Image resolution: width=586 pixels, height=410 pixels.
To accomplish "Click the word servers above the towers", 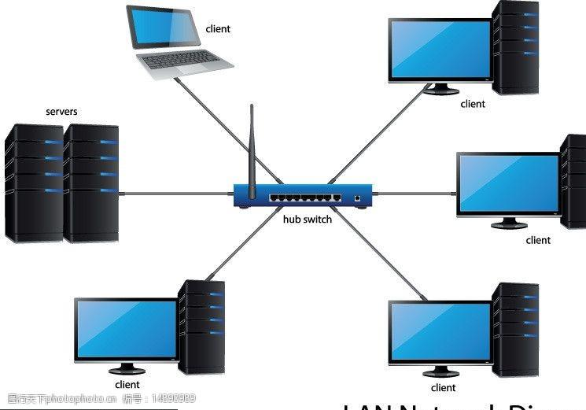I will pyautogui.click(x=61, y=112).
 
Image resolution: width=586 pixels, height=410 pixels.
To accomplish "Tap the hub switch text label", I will pyautogui.click(x=308, y=220).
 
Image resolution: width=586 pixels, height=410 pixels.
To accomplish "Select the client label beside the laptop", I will pyautogui.click(x=218, y=29).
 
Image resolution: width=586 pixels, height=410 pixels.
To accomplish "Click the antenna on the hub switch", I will pyautogui.click(x=252, y=146).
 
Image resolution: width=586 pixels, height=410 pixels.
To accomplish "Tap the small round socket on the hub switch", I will pyautogui.click(x=358, y=198).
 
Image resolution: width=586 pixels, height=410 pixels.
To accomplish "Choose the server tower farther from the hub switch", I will pyautogui.click(x=34, y=183).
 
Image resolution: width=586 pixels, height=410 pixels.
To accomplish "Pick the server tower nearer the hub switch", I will pyautogui.click(x=91, y=183).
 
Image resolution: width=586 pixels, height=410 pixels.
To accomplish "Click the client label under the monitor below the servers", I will pyautogui.click(x=127, y=385).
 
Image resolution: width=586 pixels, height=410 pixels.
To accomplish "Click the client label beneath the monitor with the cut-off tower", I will pyautogui.click(x=538, y=240).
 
